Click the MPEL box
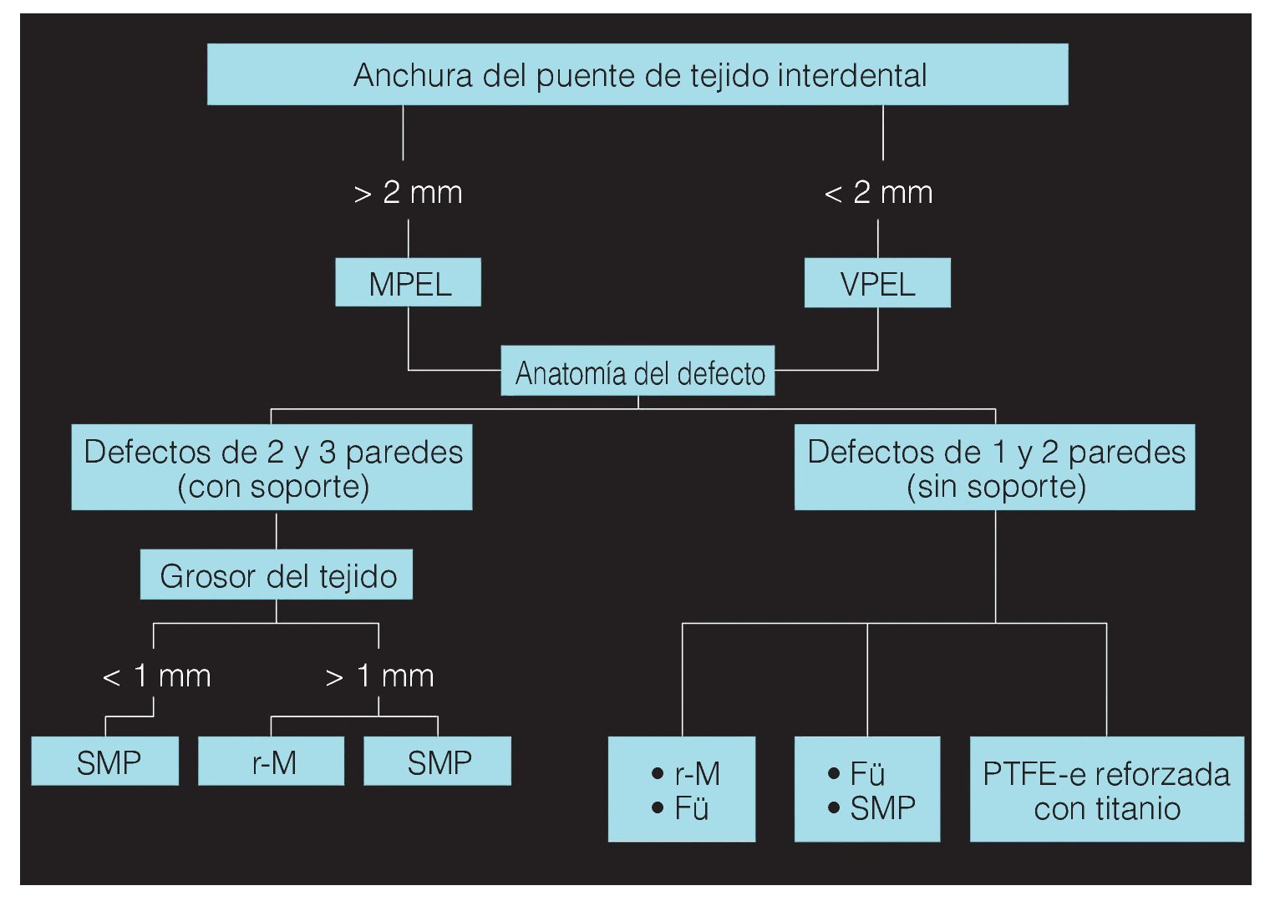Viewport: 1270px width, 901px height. [408, 283]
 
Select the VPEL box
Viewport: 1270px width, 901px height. [877, 284]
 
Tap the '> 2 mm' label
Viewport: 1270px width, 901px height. [408, 193]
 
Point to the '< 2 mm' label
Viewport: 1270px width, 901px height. [878, 193]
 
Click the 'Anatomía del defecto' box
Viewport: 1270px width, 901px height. [638, 372]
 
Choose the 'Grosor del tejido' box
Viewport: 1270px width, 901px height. [277, 575]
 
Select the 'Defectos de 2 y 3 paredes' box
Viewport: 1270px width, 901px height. [272, 468]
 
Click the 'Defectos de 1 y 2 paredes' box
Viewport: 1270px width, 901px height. [995, 468]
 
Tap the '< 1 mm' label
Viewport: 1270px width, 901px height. [156, 676]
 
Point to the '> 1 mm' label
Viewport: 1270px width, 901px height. [379, 676]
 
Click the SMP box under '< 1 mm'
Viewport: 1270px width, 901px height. [106, 762]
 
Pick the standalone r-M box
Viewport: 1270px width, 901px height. [272, 762]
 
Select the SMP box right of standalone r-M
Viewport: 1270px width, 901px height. [438, 762]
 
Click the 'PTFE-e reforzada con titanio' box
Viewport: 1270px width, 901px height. [1106, 790]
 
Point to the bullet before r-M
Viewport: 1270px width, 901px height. [658, 774]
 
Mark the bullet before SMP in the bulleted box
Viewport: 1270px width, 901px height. [834, 807]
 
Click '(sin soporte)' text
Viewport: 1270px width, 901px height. [996, 486]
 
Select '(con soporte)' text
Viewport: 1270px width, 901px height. [273, 486]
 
